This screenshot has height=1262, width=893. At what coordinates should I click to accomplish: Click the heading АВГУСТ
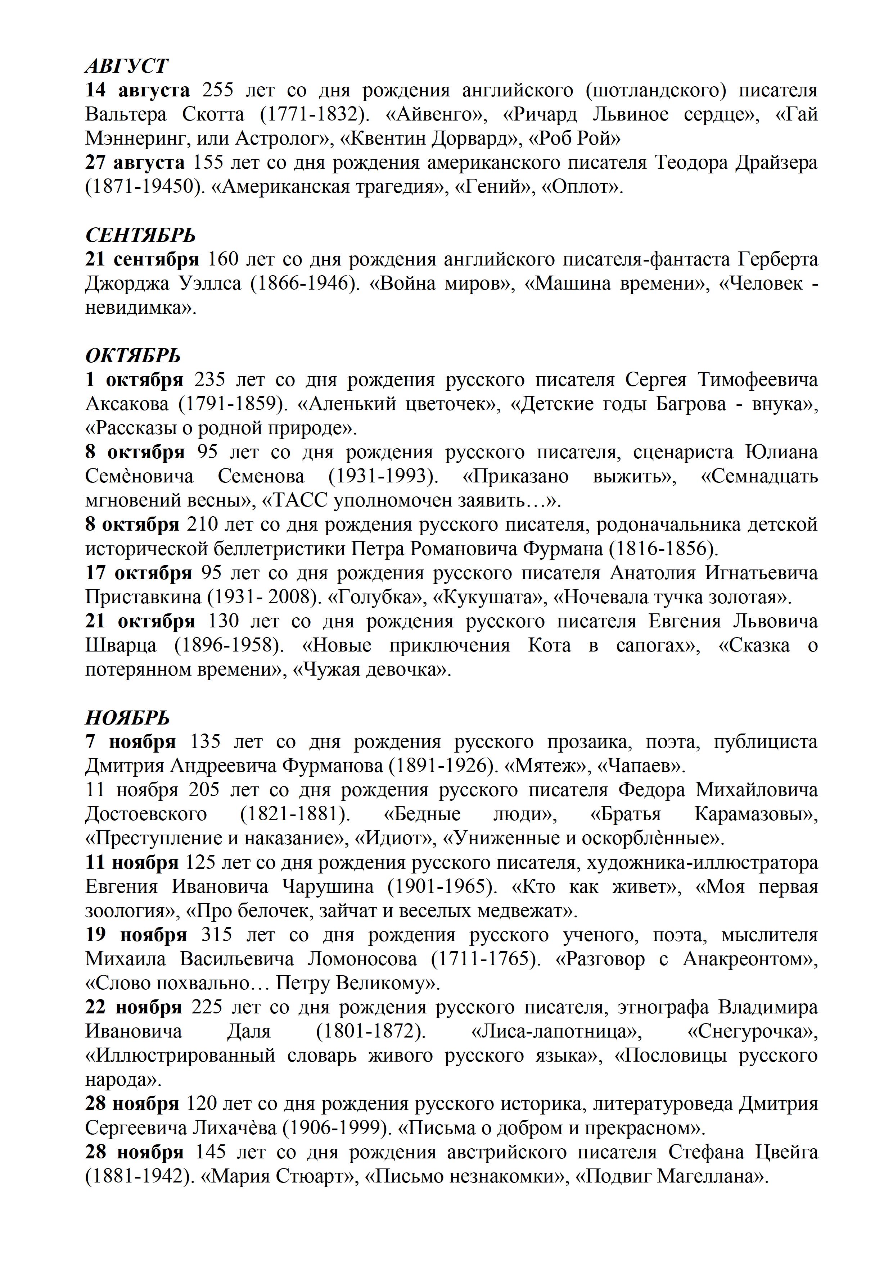[x=126, y=65]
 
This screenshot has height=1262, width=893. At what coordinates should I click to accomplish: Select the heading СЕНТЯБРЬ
[x=140, y=235]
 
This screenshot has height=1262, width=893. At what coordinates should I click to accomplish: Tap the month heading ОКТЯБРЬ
[x=132, y=356]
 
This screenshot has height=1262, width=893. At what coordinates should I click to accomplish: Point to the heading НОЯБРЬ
[x=127, y=718]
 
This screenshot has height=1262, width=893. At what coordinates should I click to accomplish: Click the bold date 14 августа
[x=137, y=90]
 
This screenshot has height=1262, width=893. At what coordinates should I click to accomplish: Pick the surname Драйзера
[x=770, y=163]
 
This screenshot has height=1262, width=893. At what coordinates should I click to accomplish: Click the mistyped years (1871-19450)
[x=144, y=187]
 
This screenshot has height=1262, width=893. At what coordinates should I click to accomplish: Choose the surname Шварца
[x=121, y=645]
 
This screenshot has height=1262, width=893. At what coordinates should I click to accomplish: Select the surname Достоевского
[x=146, y=814]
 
